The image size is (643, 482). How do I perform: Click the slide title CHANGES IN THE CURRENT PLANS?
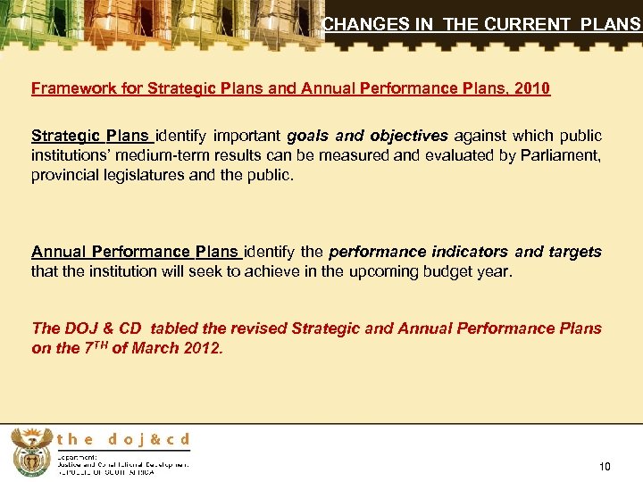pyautogui.click(x=481, y=25)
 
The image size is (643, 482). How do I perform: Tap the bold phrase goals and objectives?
pyautogui.click(x=367, y=136)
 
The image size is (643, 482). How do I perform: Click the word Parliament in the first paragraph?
pyautogui.click(x=563, y=155)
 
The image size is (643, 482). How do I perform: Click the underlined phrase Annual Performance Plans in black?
pyautogui.click(x=136, y=252)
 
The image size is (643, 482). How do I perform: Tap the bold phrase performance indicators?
pyautogui.click(x=418, y=252)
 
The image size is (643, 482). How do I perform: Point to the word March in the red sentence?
pyautogui.click(x=154, y=348)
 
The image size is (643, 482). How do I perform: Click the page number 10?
pyautogui.click(x=605, y=466)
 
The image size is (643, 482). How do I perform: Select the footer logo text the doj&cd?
pyautogui.click(x=123, y=439)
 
